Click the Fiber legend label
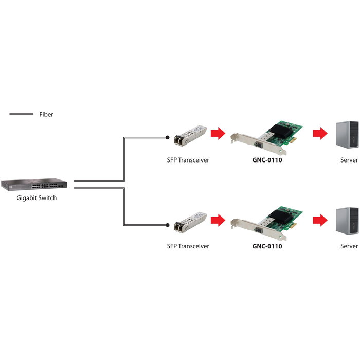(x=46, y=114)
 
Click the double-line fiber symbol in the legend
(x=21, y=114)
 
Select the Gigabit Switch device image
(x=34, y=184)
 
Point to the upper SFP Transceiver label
(x=188, y=160)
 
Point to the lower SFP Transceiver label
(x=188, y=246)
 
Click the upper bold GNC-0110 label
(x=267, y=160)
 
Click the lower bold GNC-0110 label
(x=267, y=246)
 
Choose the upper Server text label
(x=349, y=160)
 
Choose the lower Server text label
(x=349, y=246)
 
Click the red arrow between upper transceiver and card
(x=219, y=134)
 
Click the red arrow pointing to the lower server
(x=320, y=221)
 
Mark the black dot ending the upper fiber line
(x=167, y=137)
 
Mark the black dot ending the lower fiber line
(x=167, y=225)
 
